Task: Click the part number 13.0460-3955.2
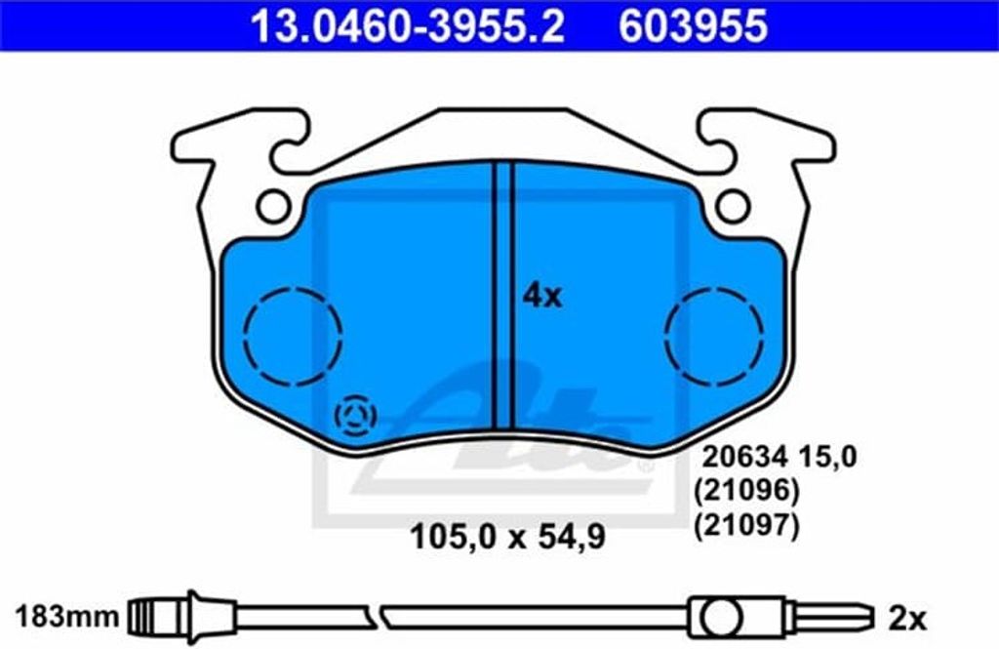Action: coord(407,26)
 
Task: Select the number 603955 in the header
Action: coord(694,26)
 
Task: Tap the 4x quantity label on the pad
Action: coord(542,297)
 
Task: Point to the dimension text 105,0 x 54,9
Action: coord(507,537)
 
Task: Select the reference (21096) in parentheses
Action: coord(746,491)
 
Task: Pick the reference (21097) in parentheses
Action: coord(746,526)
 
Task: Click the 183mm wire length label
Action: coord(67,617)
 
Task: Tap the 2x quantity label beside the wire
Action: coord(907,619)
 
